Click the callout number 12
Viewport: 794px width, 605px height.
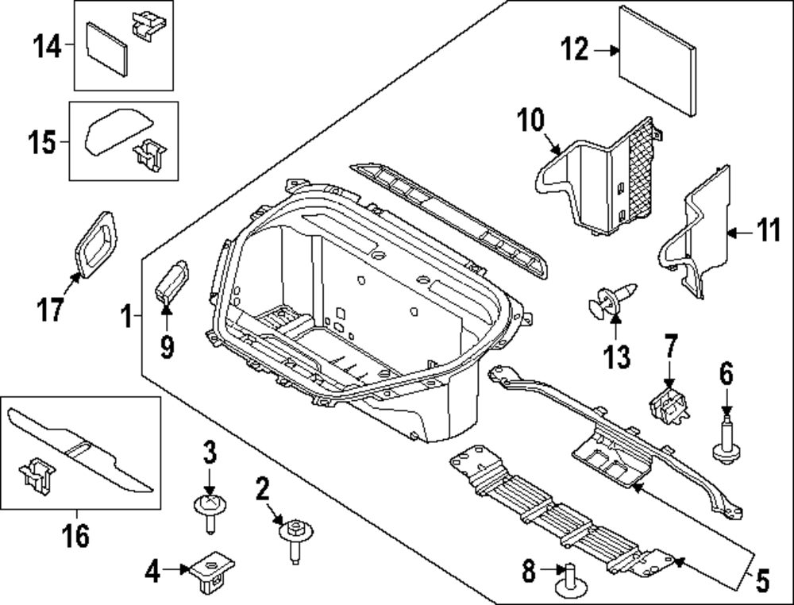point(575,49)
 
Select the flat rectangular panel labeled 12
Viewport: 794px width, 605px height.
point(657,61)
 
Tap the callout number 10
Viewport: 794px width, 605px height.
point(530,121)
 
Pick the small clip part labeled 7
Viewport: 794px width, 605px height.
point(669,405)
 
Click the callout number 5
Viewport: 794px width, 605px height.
point(762,580)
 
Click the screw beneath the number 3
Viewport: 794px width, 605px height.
point(210,512)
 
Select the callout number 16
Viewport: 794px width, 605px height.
point(76,535)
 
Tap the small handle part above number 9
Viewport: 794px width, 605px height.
point(172,282)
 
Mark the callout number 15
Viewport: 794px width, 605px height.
point(41,142)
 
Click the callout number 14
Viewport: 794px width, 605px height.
point(47,46)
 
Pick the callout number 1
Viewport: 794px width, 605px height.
point(126,317)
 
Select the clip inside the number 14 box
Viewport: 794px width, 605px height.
point(148,26)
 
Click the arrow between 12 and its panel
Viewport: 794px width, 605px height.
point(606,50)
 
